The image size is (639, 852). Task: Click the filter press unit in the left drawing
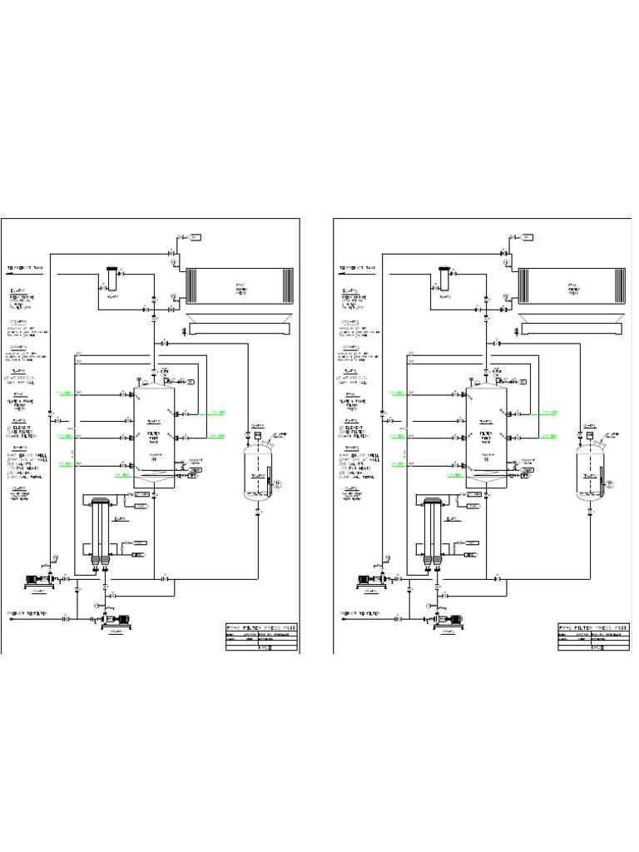coord(238,288)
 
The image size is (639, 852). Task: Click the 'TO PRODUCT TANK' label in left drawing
coord(29,269)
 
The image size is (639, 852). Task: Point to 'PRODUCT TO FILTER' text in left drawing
coord(29,613)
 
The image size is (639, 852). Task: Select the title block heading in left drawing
coord(260,627)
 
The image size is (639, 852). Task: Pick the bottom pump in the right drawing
coord(448,619)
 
